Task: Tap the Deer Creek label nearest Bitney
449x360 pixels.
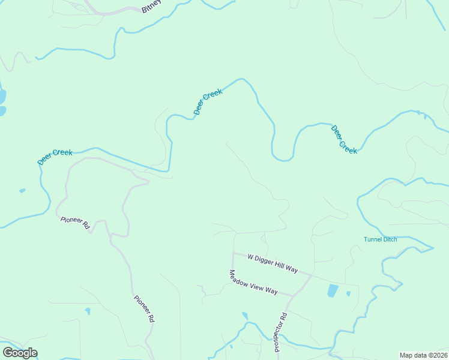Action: coord(208,101)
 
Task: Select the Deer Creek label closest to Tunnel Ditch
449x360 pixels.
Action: coord(344,139)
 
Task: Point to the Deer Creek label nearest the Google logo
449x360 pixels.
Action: coord(55,157)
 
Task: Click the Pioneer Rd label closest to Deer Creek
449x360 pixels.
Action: coord(75,223)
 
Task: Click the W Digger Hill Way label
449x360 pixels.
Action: coord(274,262)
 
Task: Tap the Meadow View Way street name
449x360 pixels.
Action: coord(253,282)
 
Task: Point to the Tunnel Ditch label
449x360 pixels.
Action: coord(380,239)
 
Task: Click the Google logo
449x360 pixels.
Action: coord(20,353)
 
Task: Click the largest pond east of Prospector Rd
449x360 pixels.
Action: coord(333,291)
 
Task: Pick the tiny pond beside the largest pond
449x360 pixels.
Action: coord(348,293)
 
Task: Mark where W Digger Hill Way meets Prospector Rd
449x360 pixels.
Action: coord(312,274)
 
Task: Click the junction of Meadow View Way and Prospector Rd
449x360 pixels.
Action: coord(292,296)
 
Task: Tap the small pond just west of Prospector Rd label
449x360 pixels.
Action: coord(245,316)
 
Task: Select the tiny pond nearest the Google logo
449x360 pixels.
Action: coord(88,311)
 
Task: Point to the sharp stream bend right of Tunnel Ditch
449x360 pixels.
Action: coord(432,247)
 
